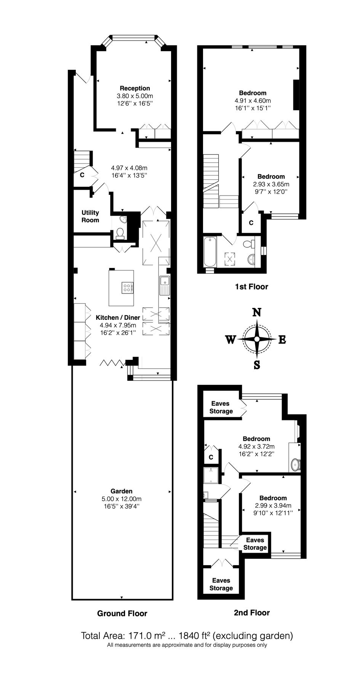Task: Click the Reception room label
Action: [x=135, y=88]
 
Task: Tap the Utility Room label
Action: [x=90, y=216]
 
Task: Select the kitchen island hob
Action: [x=127, y=288]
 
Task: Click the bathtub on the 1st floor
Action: [x=210, y=252]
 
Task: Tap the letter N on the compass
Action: [x=258, y=313]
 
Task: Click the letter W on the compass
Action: [x=230, y=340]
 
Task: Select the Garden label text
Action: [x=122, y=491]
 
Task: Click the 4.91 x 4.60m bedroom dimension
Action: [x=253, y=101]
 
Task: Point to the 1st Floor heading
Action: [x=251, y=287]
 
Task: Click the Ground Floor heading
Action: [x=122, y=613]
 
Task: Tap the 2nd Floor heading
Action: [x=251, y=612]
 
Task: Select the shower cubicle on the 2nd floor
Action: [x=211, y=475]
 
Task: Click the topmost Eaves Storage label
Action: [x=221, y=407]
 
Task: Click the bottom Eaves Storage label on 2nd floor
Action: [x=221, y=584]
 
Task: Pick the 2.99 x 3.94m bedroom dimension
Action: [x=273, y=506]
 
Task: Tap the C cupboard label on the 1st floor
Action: [x=251, y=223]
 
